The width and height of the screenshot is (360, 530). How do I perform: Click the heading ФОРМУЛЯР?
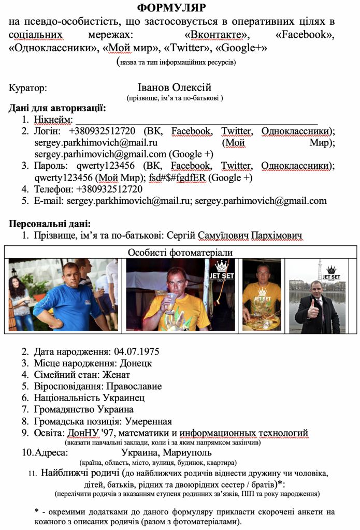point(171,8)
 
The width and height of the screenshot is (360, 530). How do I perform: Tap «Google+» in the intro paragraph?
point(241,48)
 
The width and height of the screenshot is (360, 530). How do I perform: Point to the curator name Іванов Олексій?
point(175,87)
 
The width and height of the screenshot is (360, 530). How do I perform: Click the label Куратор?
point(28,88)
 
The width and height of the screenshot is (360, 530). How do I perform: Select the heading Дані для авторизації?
point(57,108)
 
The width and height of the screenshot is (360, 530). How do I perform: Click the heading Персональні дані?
point(50,224)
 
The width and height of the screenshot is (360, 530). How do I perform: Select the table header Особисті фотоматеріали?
point(180,252)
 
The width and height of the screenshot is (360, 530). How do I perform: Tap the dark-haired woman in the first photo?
point(20,300)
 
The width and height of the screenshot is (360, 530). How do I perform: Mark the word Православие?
point(134,386)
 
